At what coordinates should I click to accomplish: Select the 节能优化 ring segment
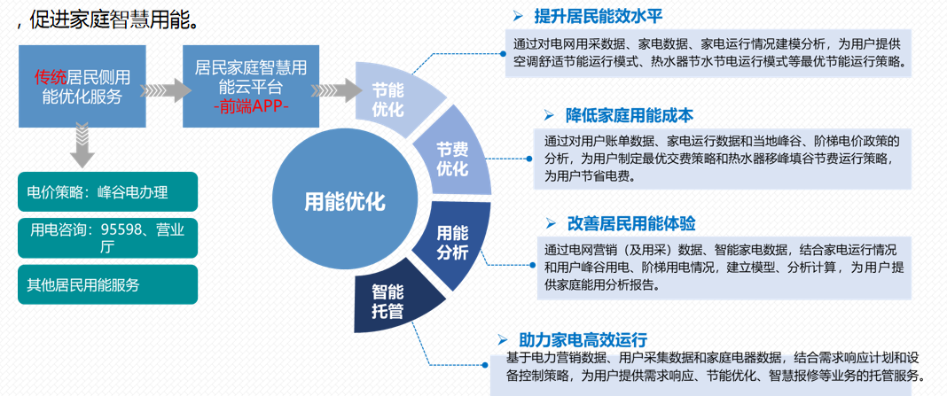(x=387, y=100)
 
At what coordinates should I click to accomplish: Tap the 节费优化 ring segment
(x=452, y=158)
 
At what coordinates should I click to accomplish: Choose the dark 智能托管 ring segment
(x=389, y=300)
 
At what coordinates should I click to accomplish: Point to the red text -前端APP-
(x=250, y=106)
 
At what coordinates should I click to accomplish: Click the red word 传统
(x=50, y=77)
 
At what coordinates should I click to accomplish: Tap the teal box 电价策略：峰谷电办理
(x=106, y=190)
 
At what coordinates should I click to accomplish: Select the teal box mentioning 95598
(x=106, y=237)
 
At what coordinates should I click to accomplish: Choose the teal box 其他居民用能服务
(x=106, y=284)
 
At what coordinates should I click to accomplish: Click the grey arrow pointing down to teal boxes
(x=82, y=146)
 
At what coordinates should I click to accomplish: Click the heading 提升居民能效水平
(x=597, y=17)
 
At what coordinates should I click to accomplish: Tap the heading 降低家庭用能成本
(x=629, y=115)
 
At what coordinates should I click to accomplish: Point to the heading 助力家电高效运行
(x=583, y=339)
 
